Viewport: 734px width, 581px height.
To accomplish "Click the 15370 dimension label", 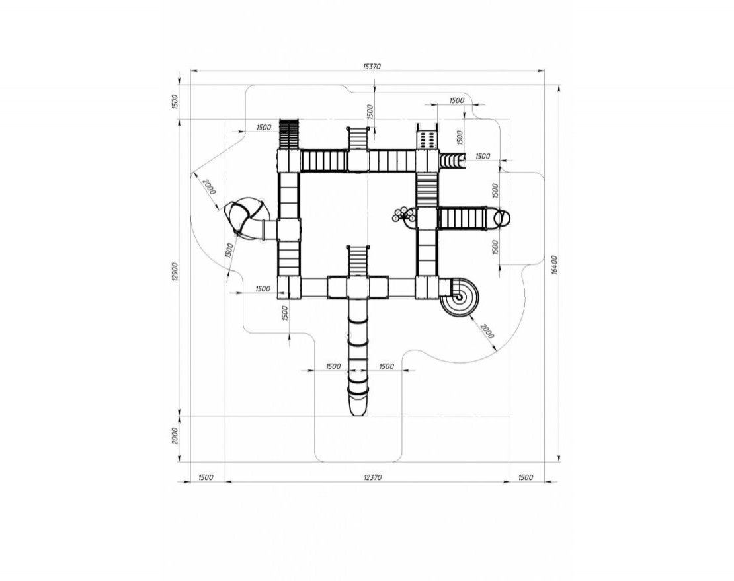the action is pyautogui.click(x=372, y=66).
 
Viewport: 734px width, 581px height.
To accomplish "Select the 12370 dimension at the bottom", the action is pyautogui.click(x=372, y=477).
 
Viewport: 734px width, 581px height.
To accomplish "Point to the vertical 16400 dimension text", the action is pyautogui.click(x=555, y=265).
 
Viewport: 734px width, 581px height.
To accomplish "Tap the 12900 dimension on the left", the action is pyautogui.click(x=174, y=271).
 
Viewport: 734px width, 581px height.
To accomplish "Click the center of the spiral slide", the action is pyautogui.click(x=459, y=297).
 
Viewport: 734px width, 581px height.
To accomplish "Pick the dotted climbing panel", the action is pyautogui.click(x=427, y=139).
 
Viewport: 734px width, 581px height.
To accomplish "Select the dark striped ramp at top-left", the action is pyautogui.click(x=289, y=135).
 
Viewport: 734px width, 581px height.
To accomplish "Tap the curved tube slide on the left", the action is pyautogui.click(x=245, y=218).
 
